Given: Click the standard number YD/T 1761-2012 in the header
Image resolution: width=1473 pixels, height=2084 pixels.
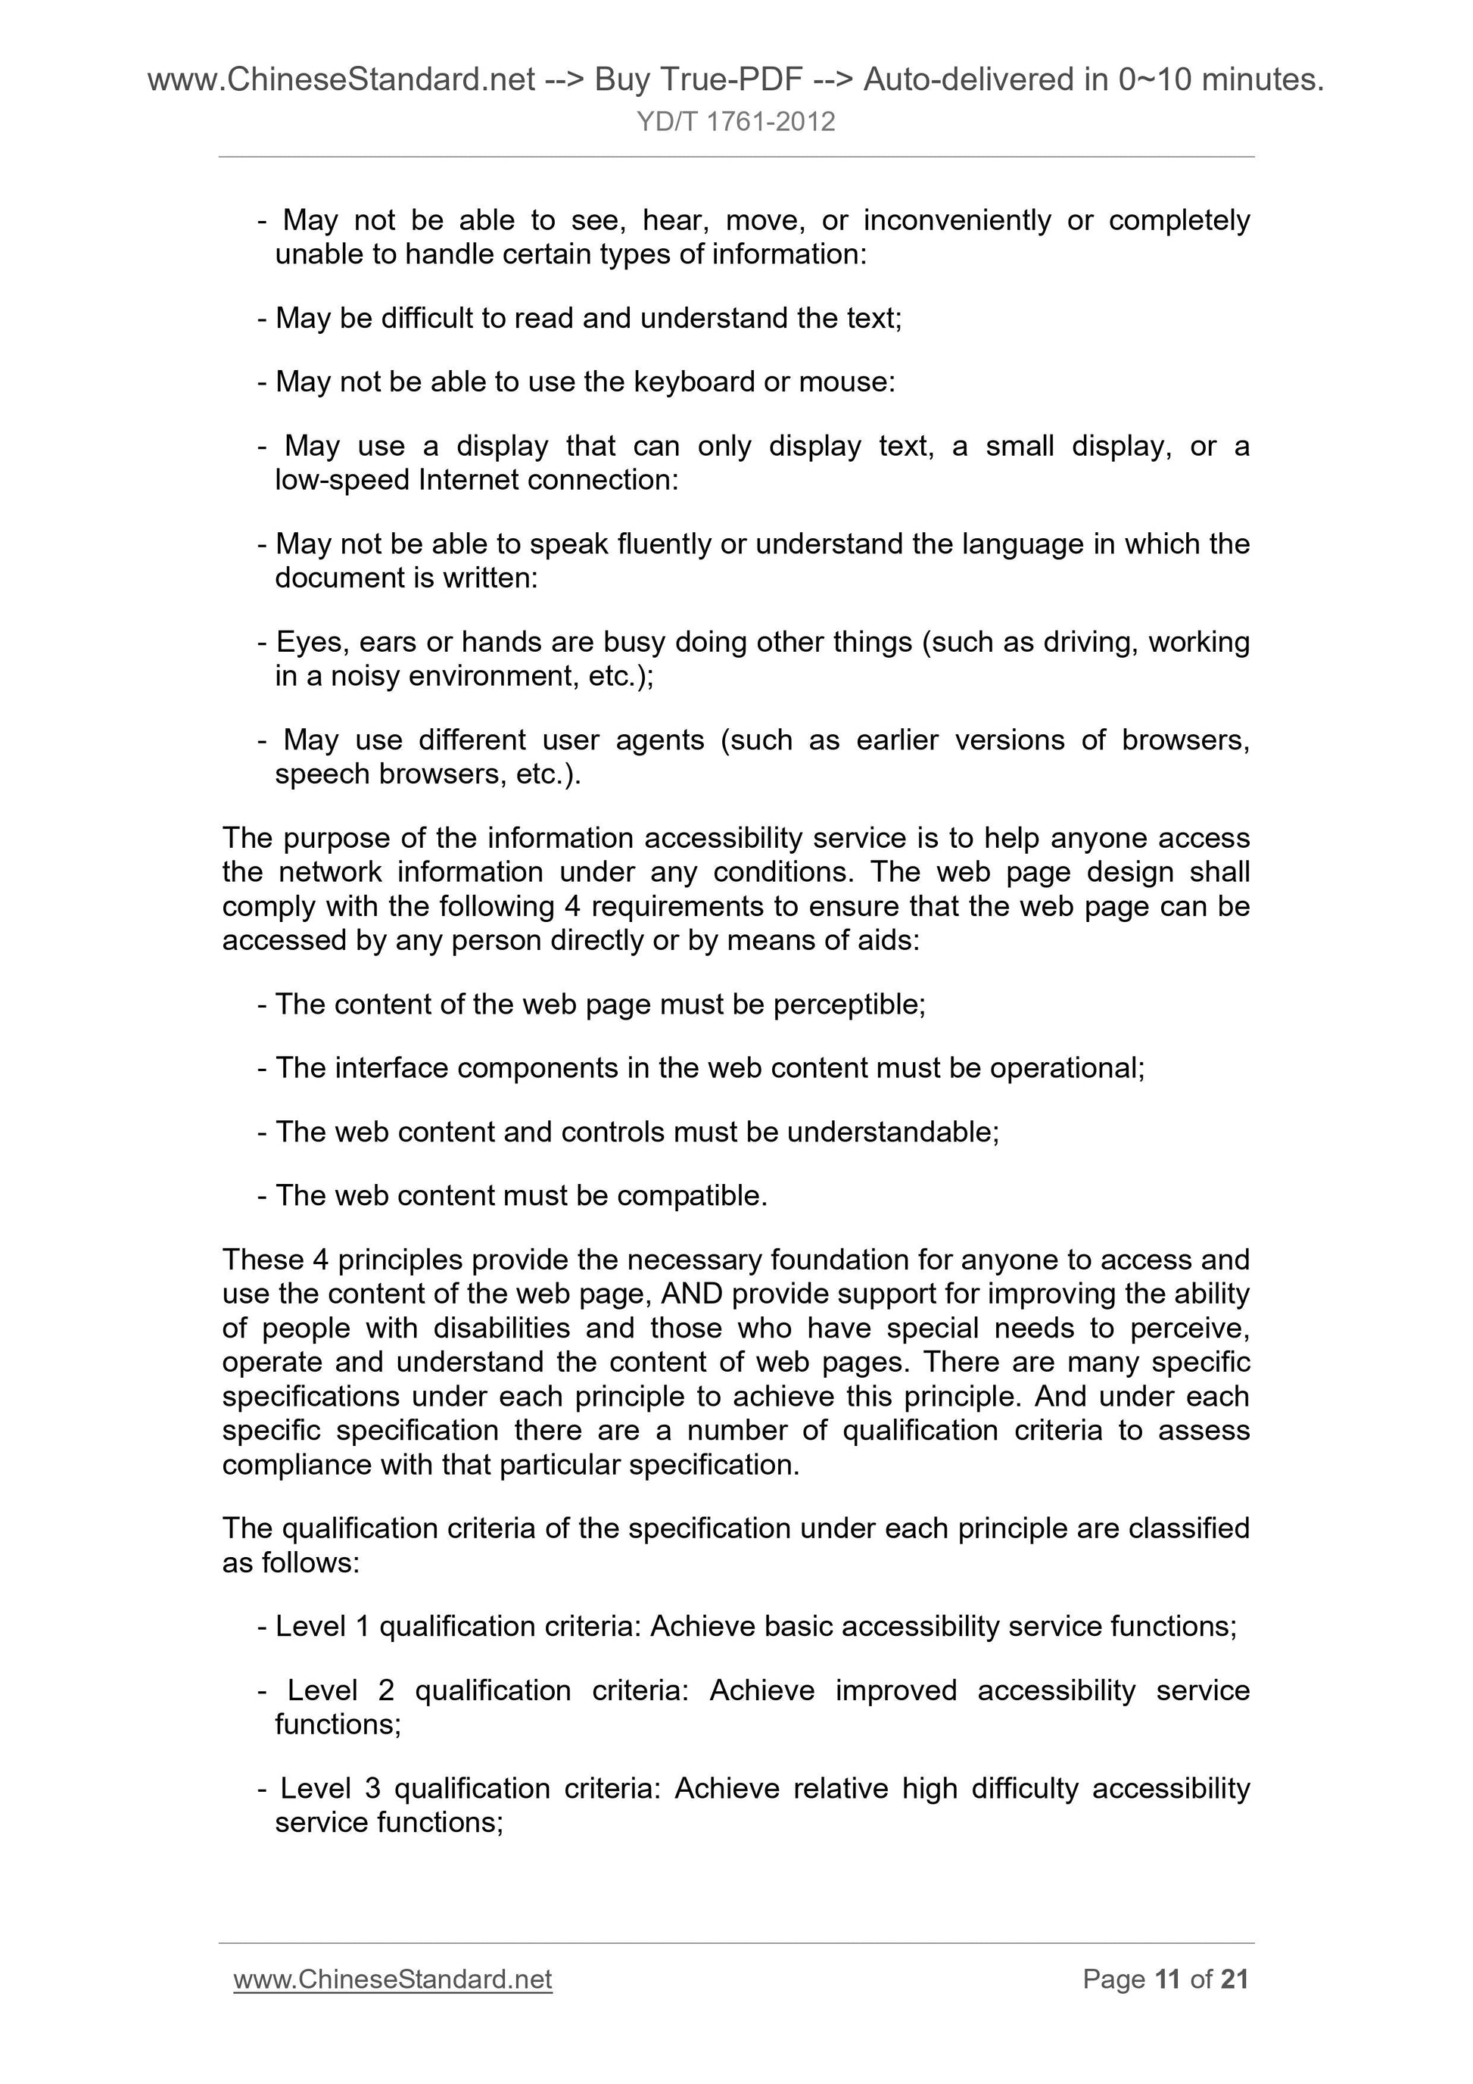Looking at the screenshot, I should pyautogui.click(x=735, y=122).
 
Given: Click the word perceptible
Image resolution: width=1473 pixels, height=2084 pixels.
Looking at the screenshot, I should pyautogui.click(x=849, y=1005).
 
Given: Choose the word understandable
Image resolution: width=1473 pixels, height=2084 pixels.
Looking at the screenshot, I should pyautogui.click(x=893, y=1132).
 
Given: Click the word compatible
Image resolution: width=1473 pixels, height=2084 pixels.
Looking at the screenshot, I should pyautogui.click(x=692, y=1196).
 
